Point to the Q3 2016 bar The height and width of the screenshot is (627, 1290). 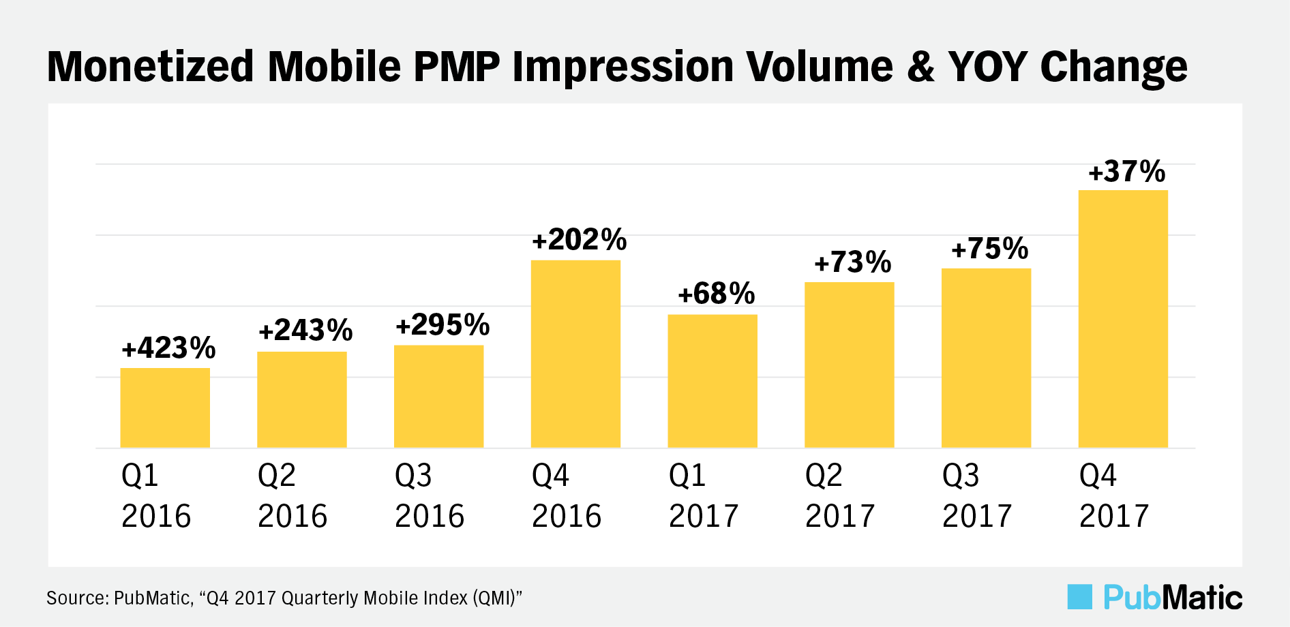pos(438,396)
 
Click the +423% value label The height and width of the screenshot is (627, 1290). pos(168,348)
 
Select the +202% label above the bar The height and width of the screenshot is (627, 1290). pos(579,240)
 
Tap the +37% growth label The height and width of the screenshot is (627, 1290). pos(1127,172)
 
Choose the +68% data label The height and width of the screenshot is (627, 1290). pos(716,294)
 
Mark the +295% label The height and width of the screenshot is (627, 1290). pos(442,325)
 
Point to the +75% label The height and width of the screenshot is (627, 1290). pos(989,249)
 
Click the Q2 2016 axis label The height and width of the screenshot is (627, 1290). pos(292,495)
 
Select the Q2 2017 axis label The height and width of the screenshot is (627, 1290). pos(840,495)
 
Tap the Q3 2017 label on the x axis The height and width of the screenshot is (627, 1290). pos(977,495)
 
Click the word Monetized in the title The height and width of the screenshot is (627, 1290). pos(150,67)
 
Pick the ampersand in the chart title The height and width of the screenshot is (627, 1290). pos(920,67)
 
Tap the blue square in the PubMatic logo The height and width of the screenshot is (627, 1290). pos(1079,597)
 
